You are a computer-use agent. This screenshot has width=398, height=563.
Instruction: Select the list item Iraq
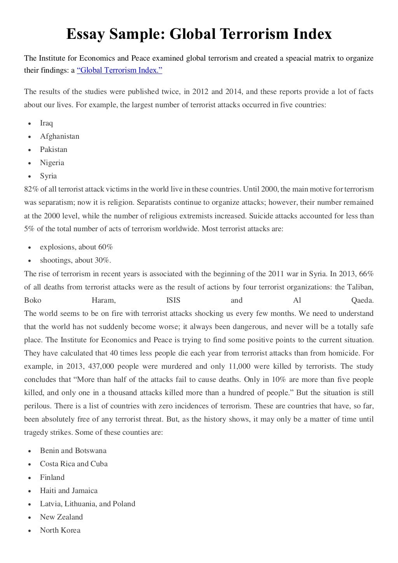point(46,123)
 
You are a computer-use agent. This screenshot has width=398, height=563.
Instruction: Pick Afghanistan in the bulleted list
point(59,136)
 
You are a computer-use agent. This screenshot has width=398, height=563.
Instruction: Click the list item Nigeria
point(52,163)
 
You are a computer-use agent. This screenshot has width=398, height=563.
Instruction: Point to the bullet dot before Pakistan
point(30,150)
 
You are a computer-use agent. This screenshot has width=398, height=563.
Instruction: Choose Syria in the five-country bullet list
point(48,176)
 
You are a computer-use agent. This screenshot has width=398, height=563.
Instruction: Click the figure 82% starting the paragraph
point(30,189)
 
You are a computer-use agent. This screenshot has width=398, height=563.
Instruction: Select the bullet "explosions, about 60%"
point(76,247)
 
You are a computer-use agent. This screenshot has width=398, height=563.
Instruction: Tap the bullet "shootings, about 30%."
point(75,260)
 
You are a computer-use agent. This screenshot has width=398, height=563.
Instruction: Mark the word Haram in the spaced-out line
point(103,300)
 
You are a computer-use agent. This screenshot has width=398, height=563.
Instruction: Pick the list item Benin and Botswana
point(73,451)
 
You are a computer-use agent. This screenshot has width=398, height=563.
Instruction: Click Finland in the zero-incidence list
point(52,477)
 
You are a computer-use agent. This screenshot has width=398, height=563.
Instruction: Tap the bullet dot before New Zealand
point(30,518)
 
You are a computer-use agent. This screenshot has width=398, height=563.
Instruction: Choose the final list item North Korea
point(60,530)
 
